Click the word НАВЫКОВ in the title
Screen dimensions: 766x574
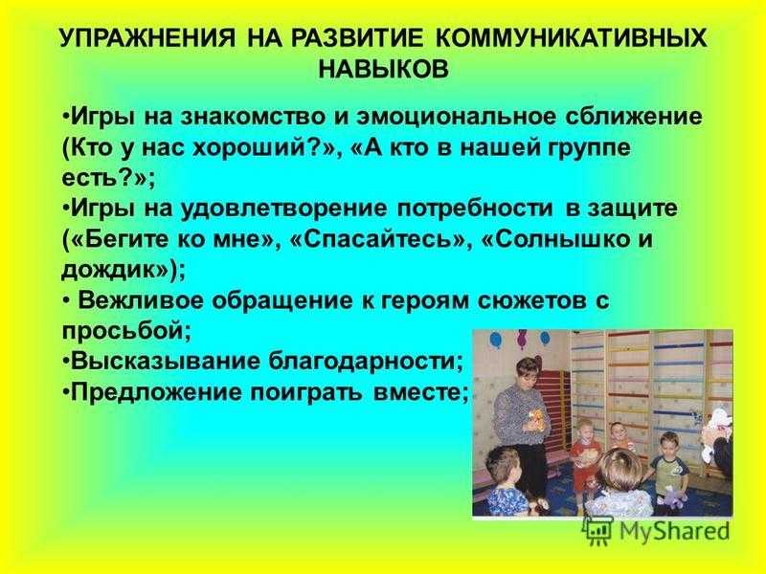(383, 69)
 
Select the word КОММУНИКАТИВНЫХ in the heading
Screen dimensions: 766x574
(571, 38)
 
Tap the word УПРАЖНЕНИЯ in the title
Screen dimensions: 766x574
(147, 38)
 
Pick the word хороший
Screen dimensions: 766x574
(254, 148)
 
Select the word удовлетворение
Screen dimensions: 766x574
(284, 209)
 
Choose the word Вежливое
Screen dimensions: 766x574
(141, 300)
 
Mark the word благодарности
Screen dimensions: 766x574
(365, 362)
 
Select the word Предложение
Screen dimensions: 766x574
(156, 393)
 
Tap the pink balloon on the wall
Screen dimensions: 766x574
(522, 337)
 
